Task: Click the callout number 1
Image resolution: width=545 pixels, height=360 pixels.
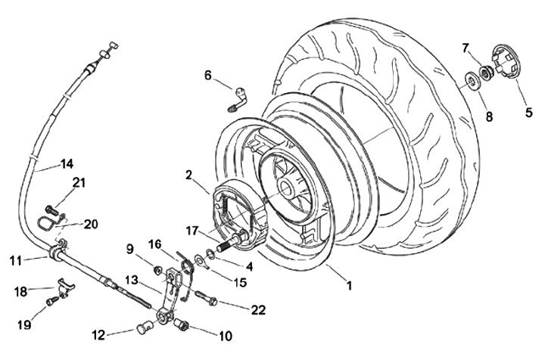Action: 348,287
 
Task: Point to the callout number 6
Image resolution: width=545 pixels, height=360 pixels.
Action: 207,75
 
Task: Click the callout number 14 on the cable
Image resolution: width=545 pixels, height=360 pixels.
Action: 67,163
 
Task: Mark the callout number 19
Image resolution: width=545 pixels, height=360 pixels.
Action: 26,324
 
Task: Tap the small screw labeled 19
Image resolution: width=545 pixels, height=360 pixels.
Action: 51,301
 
